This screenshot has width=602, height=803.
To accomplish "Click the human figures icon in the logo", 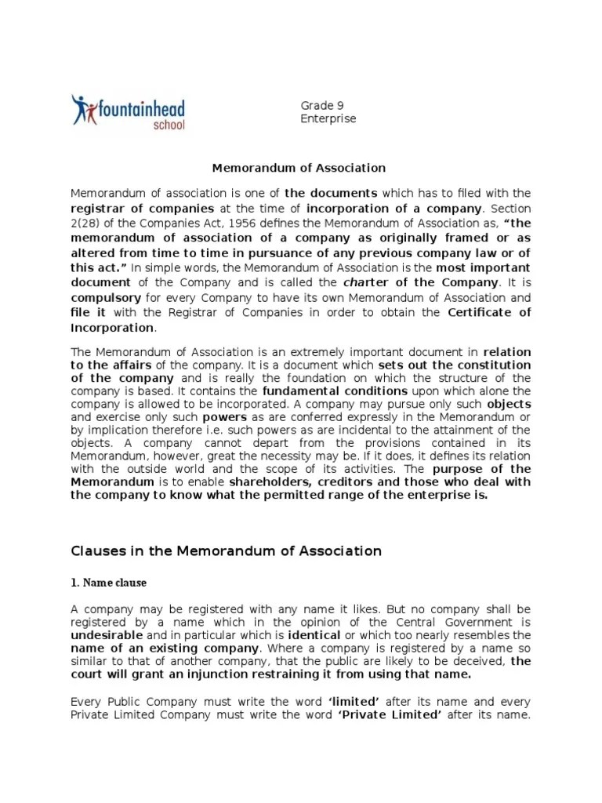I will [x=82, y=111].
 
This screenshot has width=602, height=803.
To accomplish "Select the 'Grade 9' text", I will [x=322, y=105].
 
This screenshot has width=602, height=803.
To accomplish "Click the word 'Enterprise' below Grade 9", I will [x=328, y=118].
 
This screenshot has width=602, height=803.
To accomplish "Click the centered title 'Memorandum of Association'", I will [x=300, y=167].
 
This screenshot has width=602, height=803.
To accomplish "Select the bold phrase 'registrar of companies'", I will [x=142, y=209].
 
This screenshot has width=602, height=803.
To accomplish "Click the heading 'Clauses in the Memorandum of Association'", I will [x=227, y=550].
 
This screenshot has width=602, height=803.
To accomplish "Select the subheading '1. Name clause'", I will [x=109, y=583].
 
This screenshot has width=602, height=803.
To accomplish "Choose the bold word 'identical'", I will [x=314, y=634].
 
